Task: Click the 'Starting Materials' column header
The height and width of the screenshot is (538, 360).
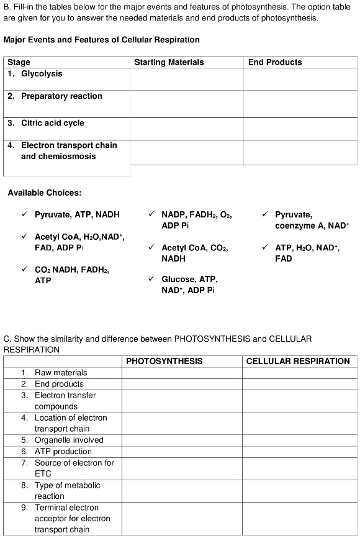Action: click(x=169, y=62)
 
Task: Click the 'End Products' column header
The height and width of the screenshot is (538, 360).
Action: click(x=275, y=62)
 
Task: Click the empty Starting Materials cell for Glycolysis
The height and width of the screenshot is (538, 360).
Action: click(x=186, y=79)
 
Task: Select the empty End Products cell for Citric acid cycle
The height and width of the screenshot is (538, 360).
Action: click(x=300, y=129)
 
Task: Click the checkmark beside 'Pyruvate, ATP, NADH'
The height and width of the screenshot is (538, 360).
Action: click(x=24, y=215)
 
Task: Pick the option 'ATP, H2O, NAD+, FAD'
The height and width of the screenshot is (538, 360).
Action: click(x=307, y=253)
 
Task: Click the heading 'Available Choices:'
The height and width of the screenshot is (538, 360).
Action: click(x=44, y=193)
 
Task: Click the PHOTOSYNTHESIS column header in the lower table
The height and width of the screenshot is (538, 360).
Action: click(x=164, y=361)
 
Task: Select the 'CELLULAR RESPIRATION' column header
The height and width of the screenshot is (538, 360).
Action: click(x=298, y=361)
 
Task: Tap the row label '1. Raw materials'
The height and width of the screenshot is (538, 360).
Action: click(x=60, y=373)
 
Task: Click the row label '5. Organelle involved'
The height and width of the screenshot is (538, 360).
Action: click(x=68, y=440)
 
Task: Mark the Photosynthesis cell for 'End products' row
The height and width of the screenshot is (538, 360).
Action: click(x=182, y=384)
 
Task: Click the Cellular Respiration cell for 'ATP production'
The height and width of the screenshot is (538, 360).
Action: click(x=300, y=452)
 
